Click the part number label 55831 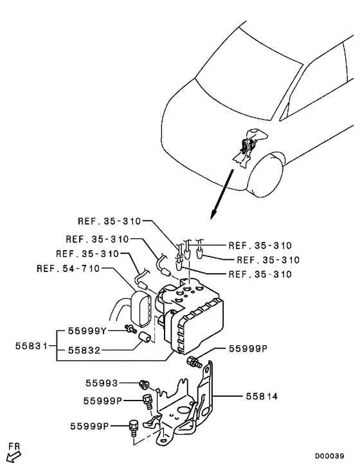tap(30, 345)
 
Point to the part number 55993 tap(101, 383)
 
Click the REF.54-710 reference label tap(68, 269)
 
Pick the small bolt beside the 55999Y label tap(130, 330)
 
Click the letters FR tap(14, 445)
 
